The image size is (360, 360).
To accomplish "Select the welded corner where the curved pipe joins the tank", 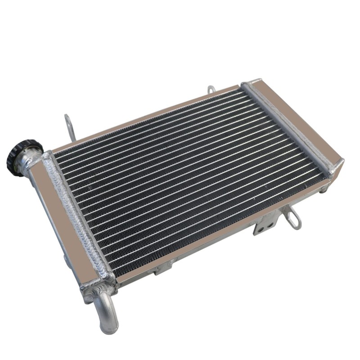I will coord(97,283).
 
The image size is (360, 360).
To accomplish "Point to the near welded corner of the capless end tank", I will coord(335,166).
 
